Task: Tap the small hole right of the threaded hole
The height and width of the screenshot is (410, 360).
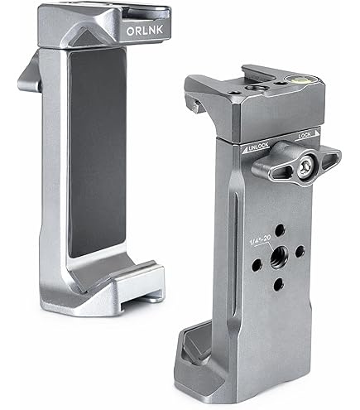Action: point(300,249)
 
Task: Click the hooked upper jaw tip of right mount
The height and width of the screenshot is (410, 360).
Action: point(194,104)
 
